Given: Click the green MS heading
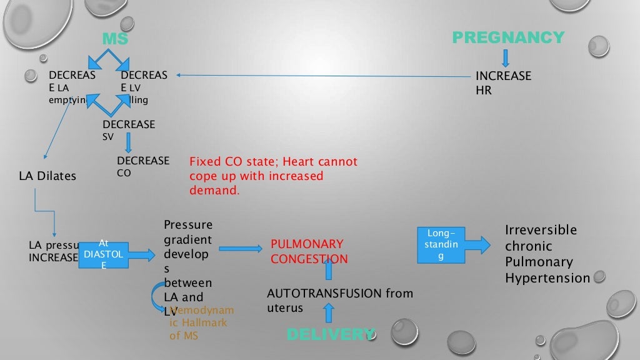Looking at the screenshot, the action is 115,39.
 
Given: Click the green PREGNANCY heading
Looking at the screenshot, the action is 507,37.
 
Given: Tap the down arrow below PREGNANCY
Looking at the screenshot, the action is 506,57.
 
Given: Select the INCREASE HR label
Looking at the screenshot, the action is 503,83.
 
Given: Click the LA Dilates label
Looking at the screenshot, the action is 47,176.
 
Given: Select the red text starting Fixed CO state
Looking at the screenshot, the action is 273,176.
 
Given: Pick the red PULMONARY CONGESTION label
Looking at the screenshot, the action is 309,251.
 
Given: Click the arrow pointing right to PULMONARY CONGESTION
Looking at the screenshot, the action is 241,248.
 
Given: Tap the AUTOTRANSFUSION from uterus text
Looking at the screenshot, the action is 339,301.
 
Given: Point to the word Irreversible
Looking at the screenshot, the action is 541,229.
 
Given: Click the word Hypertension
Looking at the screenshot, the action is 547,278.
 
